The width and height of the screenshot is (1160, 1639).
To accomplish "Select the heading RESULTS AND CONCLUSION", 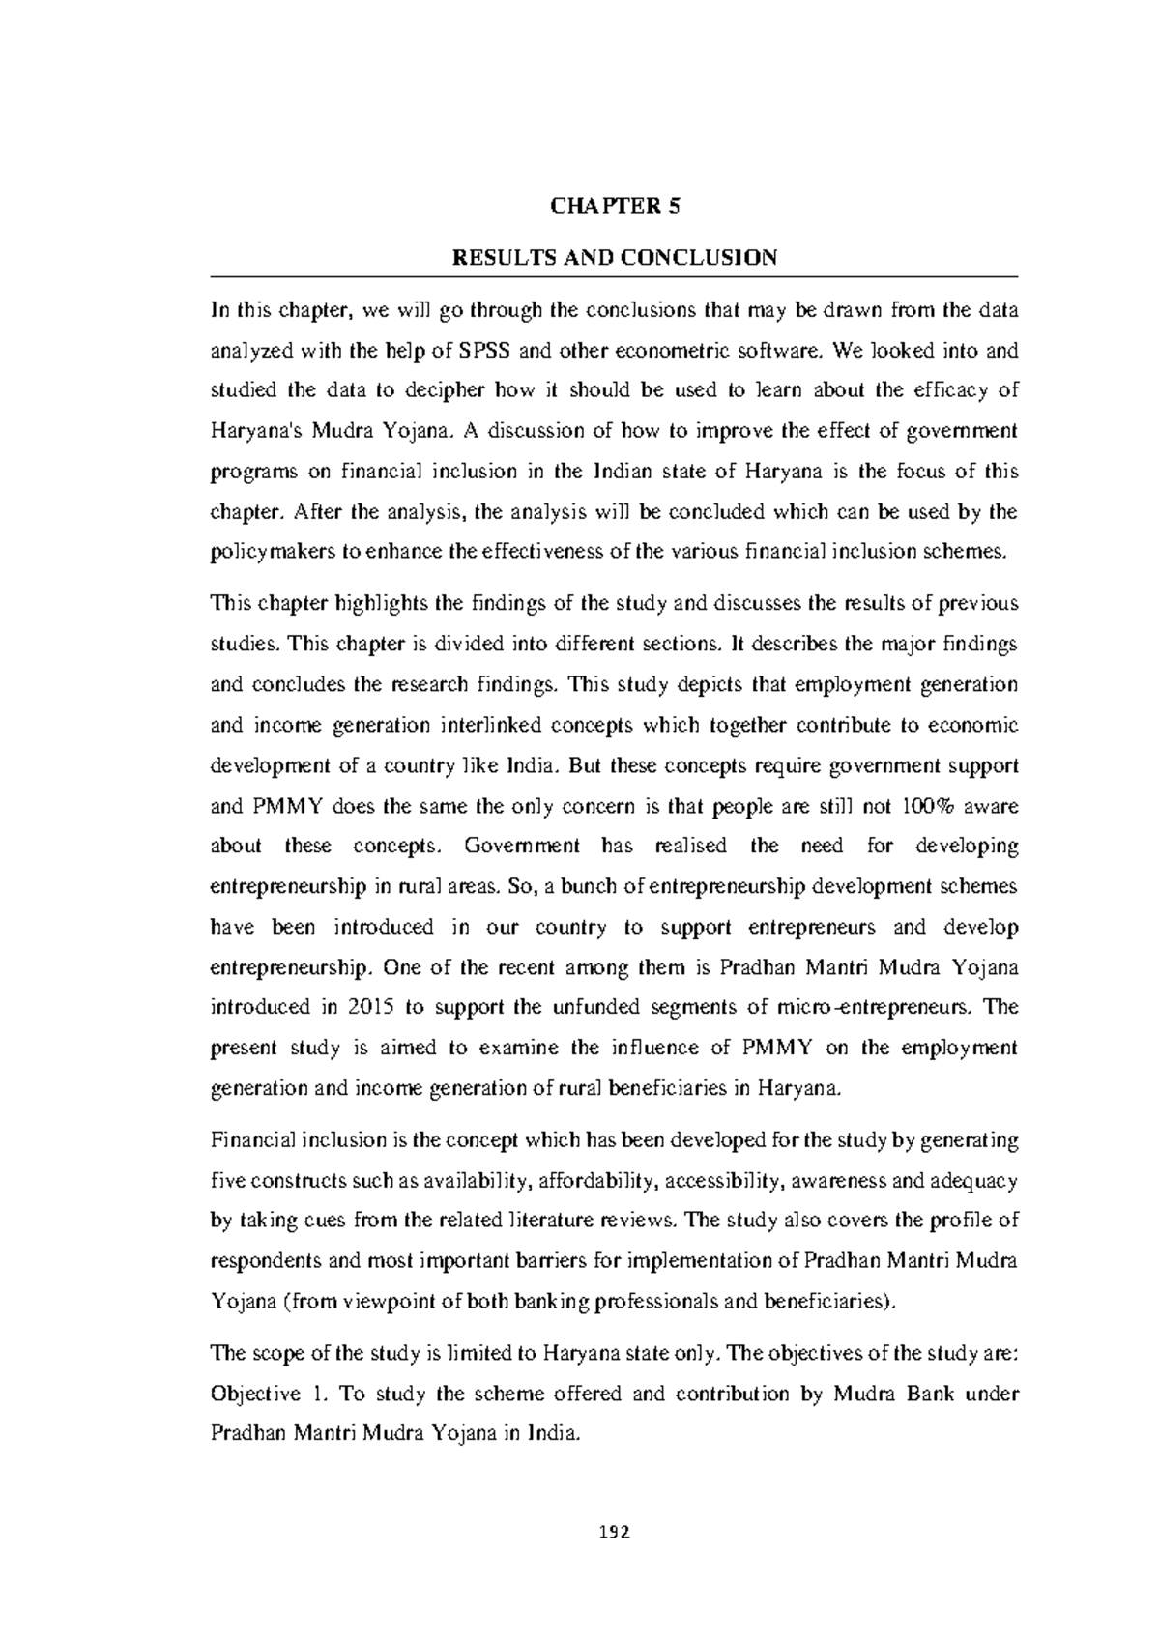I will pos(615,258).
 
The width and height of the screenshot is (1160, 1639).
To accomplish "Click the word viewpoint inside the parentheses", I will pos(383,1302).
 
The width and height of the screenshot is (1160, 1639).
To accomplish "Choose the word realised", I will pos(690,847).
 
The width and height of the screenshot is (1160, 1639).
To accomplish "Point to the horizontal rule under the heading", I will pos(615,277).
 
